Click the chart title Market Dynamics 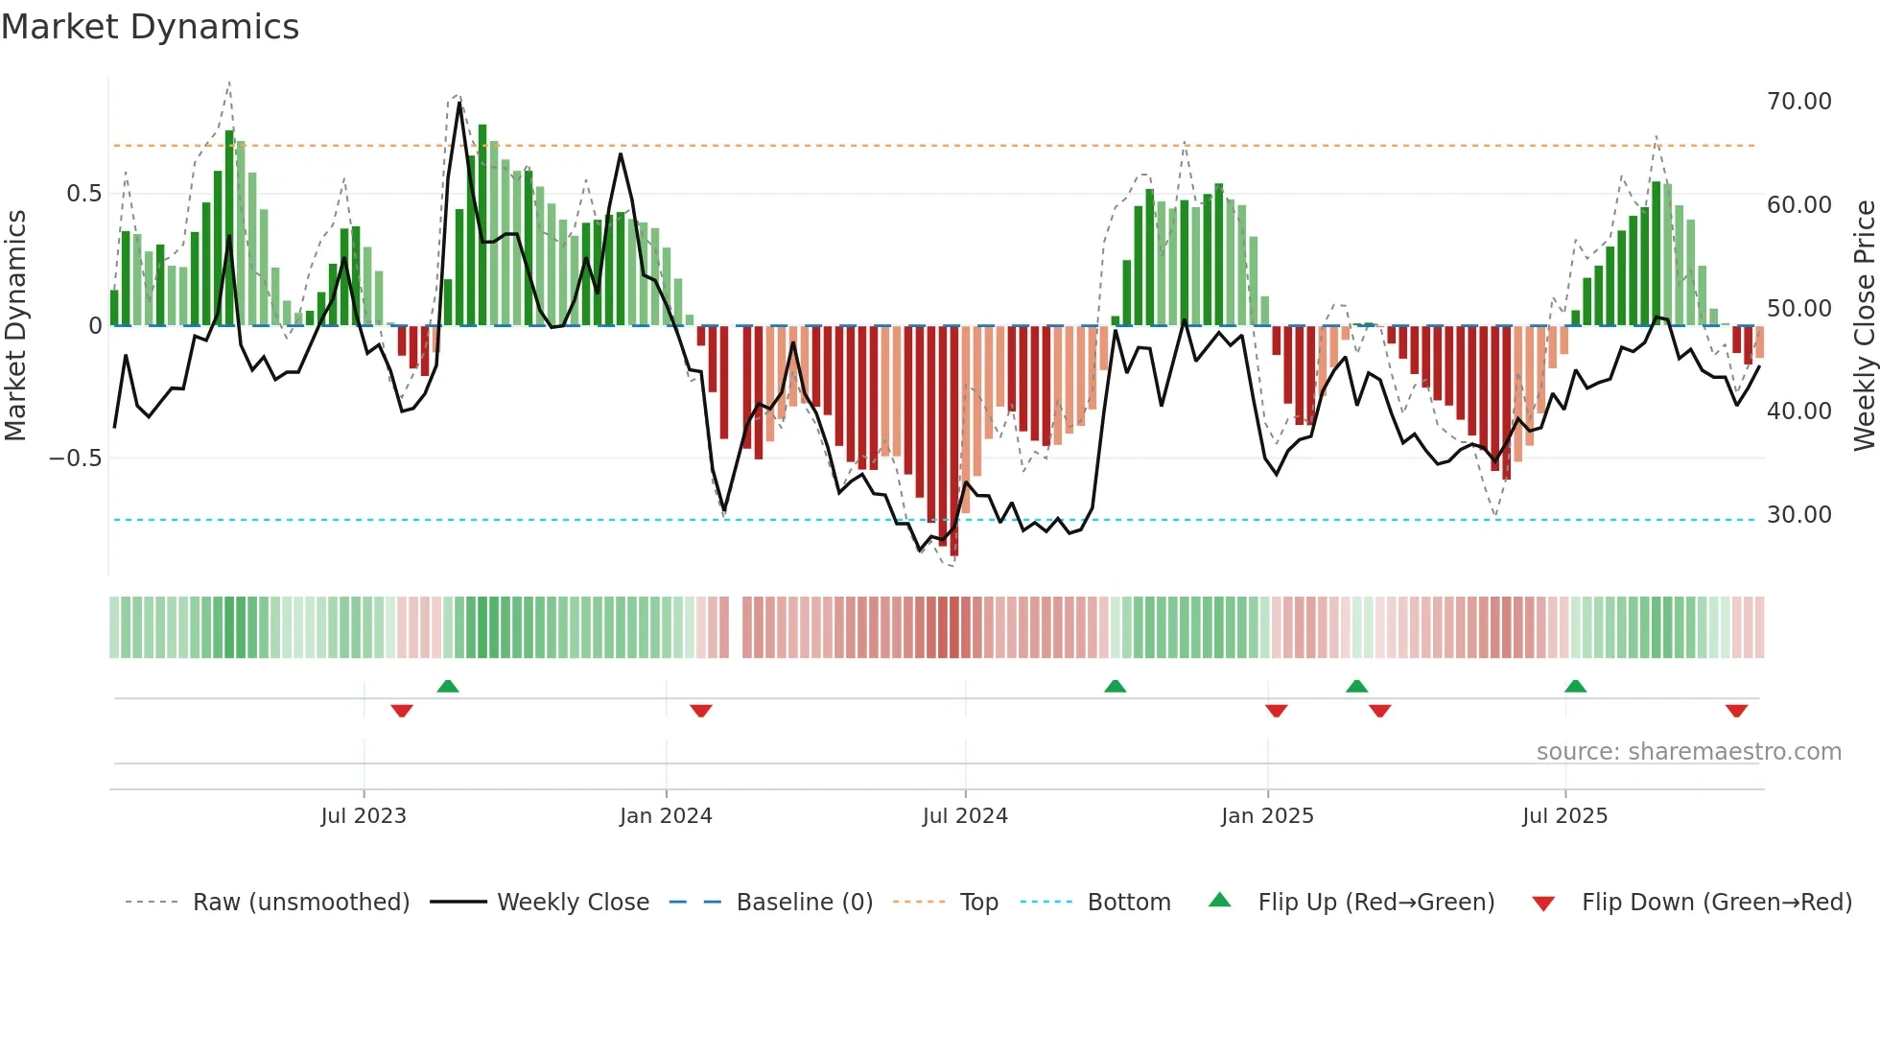150,27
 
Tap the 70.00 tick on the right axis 1798,102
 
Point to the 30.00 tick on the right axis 1798,515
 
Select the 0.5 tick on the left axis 83,194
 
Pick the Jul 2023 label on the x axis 364,816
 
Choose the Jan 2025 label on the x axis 1267,816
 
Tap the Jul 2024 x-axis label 965,816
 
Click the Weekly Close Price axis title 1864,325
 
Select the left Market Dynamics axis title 15,325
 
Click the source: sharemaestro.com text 1688,752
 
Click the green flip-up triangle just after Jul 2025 1575,686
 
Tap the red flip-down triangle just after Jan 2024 701,711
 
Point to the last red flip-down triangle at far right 1736,711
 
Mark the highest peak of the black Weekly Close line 459,104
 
